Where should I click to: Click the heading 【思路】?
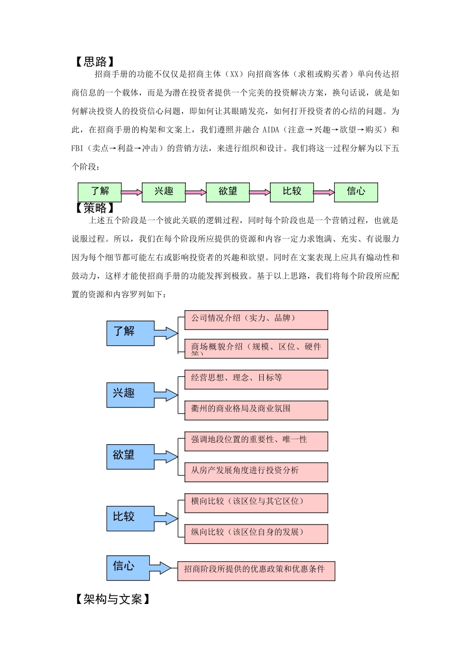95,62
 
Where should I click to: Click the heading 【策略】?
95,208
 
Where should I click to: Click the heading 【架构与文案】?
113,600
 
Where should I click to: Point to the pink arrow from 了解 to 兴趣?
131,193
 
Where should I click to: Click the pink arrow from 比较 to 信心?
324,193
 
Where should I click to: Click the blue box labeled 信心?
127,568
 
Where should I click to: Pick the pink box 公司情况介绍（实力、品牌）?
256,320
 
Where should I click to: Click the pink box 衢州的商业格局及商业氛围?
256,410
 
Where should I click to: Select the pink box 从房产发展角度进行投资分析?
256,472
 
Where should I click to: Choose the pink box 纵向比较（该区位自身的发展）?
256,534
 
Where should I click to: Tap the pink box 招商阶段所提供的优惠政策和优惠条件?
256,571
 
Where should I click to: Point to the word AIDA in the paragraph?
271,130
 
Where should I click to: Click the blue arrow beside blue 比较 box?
166,519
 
